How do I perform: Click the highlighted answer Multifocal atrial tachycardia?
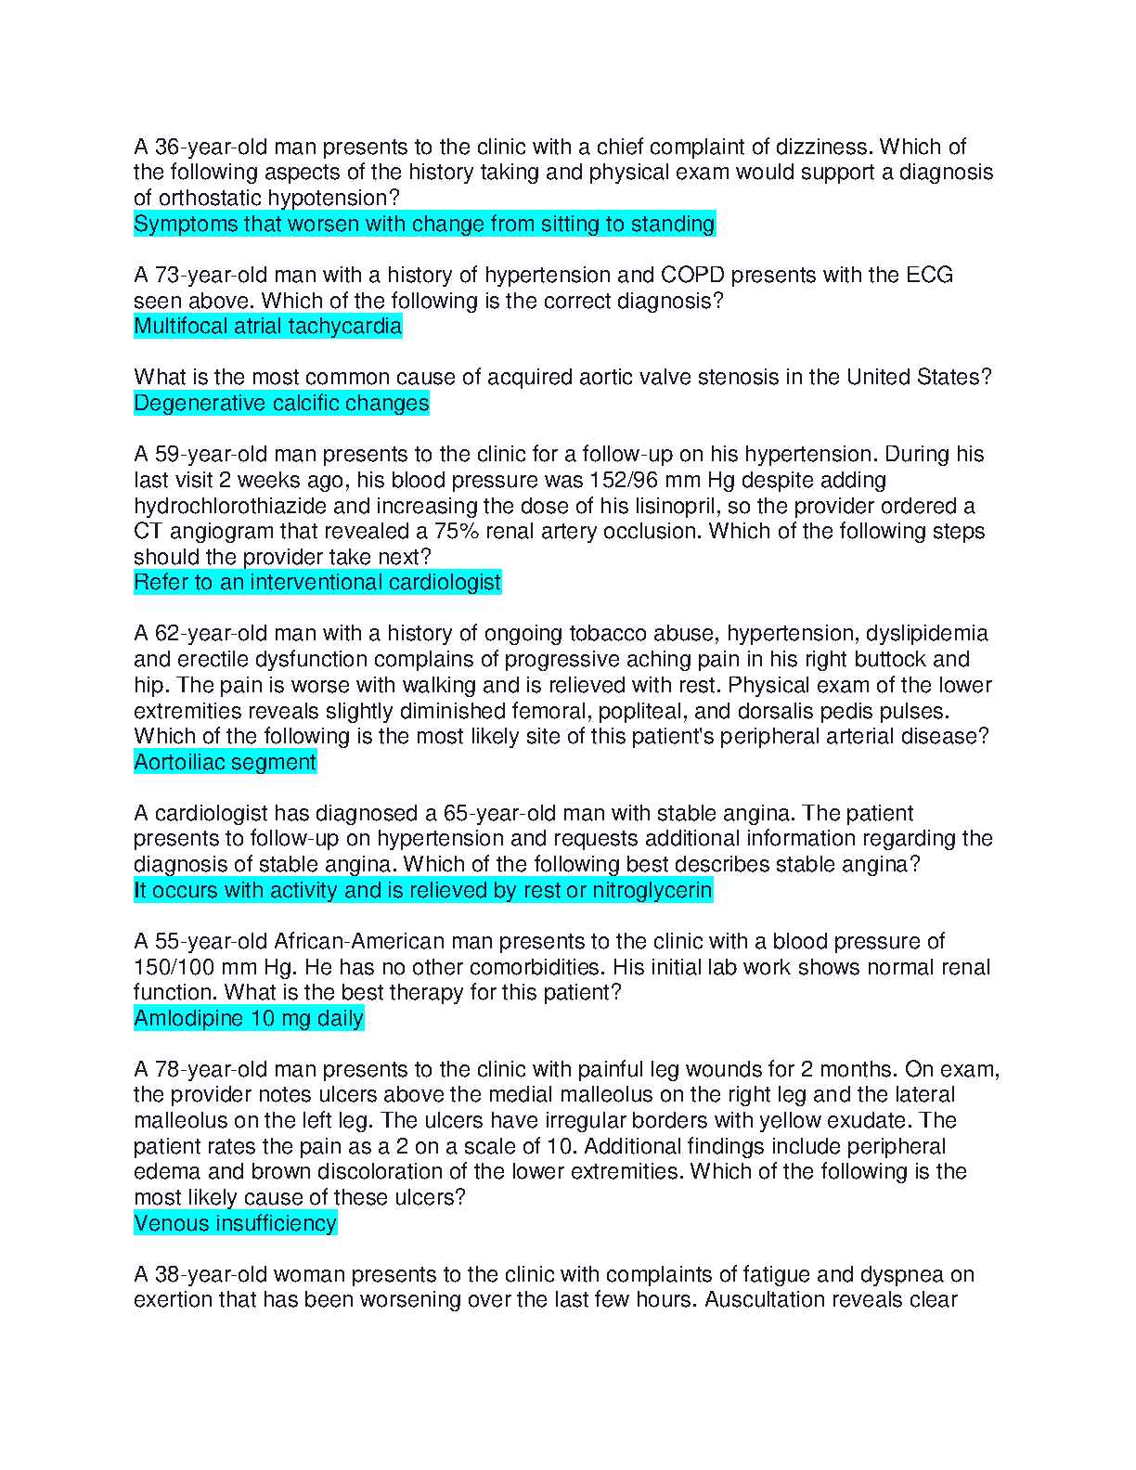tap(267, 327)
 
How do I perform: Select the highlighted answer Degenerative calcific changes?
tap(281, 404)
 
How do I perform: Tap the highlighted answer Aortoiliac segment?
tap(225, 763)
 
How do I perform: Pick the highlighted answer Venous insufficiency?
tap(235, 1224)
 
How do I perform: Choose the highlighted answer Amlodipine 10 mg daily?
tap(249, 1019)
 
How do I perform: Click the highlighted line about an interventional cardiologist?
tap(317, 583)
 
